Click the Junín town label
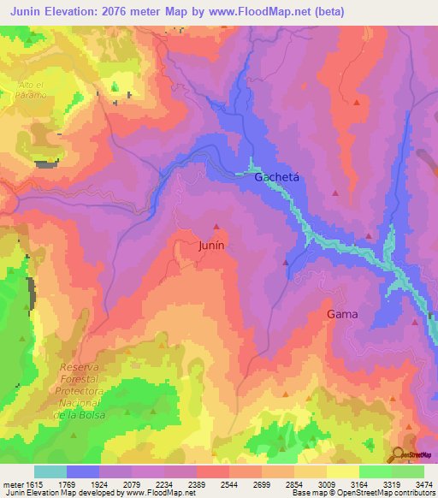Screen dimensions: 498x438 211,244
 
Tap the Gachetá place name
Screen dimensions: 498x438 277,177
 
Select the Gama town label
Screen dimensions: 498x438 342,314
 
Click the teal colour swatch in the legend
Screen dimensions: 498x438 50,471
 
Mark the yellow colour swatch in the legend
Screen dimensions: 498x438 342,471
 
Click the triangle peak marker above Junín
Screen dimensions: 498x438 216,227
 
